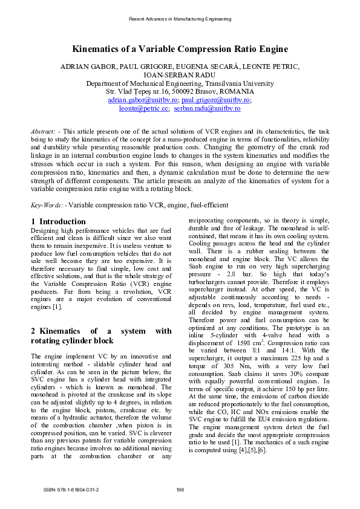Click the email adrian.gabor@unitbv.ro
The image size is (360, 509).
pos(143,100)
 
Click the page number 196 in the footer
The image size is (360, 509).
pos(180,489)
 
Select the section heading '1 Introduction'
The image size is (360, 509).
pos(58,222)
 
